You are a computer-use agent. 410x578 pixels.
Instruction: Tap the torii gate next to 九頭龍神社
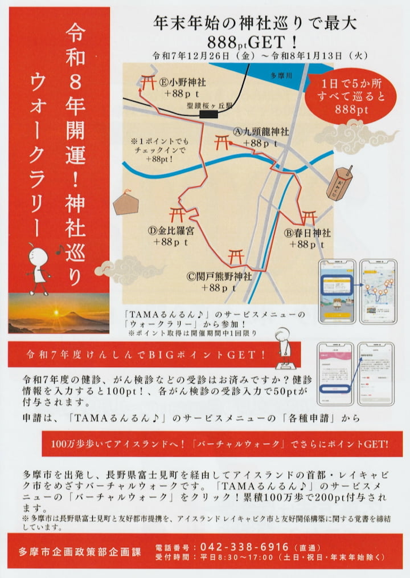pyautogui.click(x=223, y=141)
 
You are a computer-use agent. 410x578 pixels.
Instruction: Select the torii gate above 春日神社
pyautogui.click(x=309, y=217)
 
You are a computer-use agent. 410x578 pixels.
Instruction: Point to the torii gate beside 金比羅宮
pyautogui.click(x=178, y=215)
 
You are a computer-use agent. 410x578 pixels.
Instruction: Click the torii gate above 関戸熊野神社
pyautogui.click(x=236, y=256)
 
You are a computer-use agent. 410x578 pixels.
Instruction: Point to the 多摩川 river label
pyautogui.click(x=281, y=75)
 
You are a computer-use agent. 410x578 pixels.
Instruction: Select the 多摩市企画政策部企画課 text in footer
pyautogui.click(x=77, y=552)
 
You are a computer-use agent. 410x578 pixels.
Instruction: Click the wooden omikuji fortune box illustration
pyautogui.click(x=339, y=182)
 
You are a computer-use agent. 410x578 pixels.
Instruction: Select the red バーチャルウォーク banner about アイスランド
pyautogui.click(x=223, y=443)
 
